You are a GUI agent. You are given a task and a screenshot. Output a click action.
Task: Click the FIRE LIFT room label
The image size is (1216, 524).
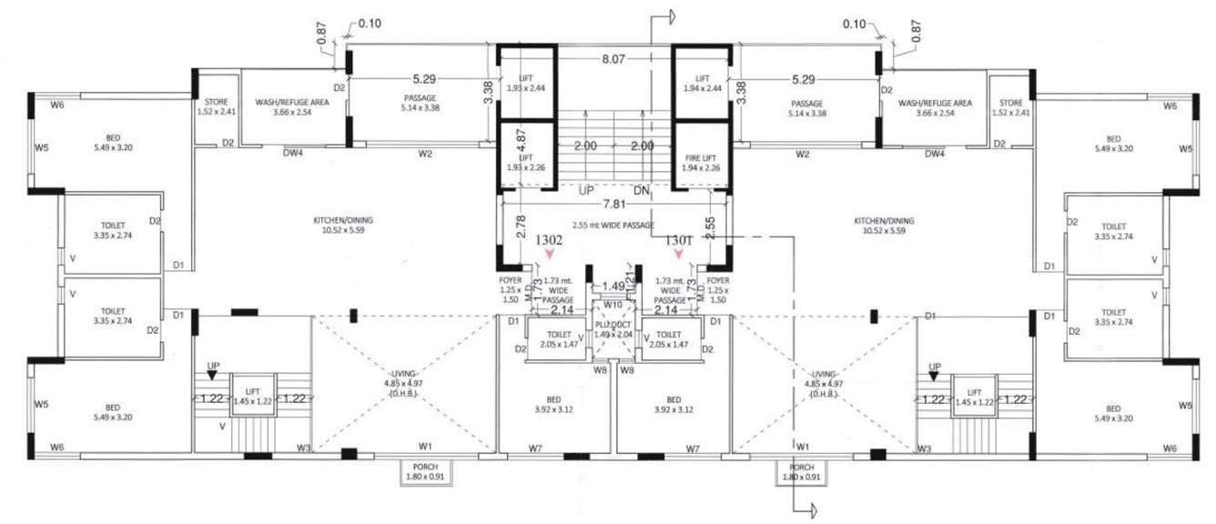700,162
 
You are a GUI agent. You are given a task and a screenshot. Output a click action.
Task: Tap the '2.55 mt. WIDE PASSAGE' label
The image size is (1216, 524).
613,224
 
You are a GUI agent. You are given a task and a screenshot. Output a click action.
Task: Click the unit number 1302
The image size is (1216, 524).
552,241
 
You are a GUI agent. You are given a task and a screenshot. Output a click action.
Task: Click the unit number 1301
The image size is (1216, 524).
679,241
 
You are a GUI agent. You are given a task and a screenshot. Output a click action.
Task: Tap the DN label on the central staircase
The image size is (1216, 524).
641,190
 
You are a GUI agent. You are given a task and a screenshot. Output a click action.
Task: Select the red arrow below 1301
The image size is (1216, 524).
678,257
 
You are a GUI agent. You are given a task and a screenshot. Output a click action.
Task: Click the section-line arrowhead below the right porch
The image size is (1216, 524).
808,511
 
